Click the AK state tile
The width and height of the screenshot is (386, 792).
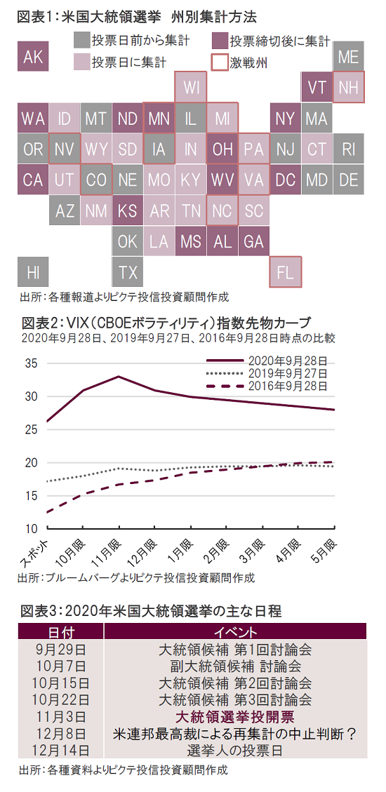pyautogui.click(x=33, y=57)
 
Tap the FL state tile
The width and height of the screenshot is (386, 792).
pyautogui.click(x=286, y=272)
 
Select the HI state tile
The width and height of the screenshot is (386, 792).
pyautogui.click(x=33, y=272)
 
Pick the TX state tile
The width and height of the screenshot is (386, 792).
pyautogui.click(x=127, y=272)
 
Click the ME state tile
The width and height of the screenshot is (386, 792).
pyautogui.click(x=349, y=57)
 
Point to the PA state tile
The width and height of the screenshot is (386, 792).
pyautogui.click(x=253, y=149)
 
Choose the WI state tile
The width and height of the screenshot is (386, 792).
pyautogui.click(x=191, y=88)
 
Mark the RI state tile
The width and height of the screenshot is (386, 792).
pyautogui.click(x=349, y=149)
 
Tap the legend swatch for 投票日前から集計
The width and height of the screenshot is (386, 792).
pyautogui.click(x=81, y=39)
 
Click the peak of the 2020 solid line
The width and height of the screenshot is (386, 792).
pyautogui.click(x=118, y=376)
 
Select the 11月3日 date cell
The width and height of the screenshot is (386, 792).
pyautogui.click(x=60, y=716)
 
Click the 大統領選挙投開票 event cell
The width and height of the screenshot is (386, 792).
pyautogui.click(x=235, y=716)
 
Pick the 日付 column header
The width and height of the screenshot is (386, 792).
pyautogui.click(x=60, y=632)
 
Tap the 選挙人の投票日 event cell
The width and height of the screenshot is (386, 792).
pyautogui.click(x=235, y=750)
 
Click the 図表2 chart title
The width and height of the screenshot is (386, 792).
pyautogui.click(x=165, y=322)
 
